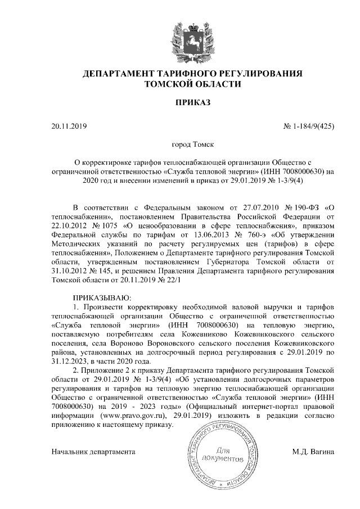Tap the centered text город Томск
point(192,145)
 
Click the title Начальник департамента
point(93,452)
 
